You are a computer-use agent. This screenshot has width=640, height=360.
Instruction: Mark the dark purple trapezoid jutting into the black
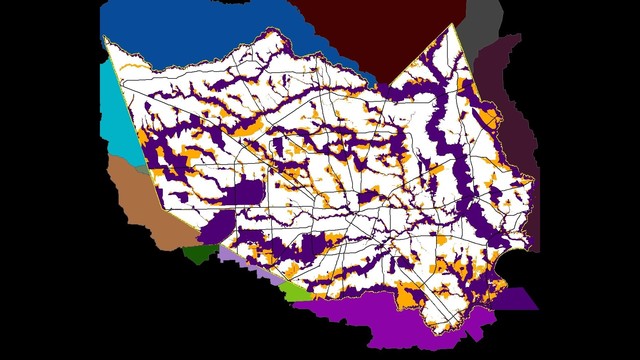point(515,299)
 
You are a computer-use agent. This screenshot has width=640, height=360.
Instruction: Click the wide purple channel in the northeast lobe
point(440,120)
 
